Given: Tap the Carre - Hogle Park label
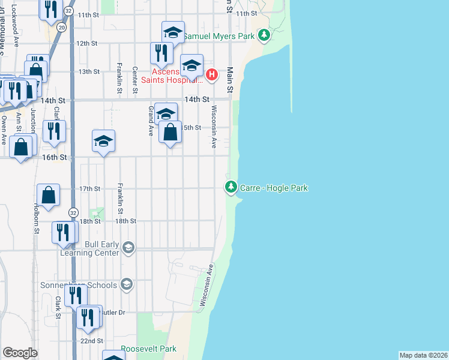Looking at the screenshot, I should tap(274, 188).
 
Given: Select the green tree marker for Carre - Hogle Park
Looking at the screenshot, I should tap(231, 188).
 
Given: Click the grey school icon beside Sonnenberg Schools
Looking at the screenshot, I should tap(126, 284).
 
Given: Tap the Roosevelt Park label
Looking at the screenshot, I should tap(148, 349).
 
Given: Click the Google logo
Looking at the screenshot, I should tap(20, 352).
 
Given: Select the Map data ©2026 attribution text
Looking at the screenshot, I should tap(423, 355).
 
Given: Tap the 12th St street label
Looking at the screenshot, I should tap(87, 43).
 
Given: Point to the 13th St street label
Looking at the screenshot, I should tap(89, 71).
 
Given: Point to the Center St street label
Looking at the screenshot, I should tap(135, 79).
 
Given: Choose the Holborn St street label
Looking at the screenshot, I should tap(37, 218).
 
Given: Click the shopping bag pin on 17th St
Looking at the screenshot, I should tap(48, 195).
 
